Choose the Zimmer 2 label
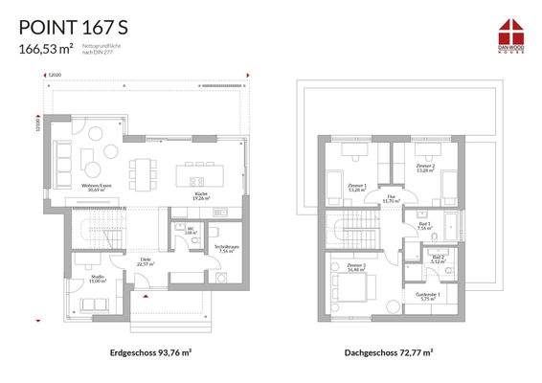point(425,166)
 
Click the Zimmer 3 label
point(357,266)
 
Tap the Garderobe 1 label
point(427,296)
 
